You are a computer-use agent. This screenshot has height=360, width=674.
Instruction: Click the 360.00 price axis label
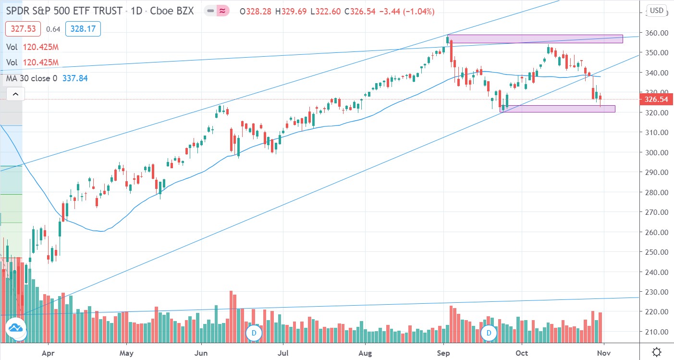(656, 33)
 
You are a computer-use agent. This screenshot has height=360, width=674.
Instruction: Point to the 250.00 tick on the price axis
(656, 252)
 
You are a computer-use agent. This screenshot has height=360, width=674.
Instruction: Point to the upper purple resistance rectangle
(536, 39)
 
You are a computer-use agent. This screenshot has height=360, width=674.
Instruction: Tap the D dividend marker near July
(253, 333)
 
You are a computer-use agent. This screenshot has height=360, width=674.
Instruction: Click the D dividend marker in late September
(489, 333)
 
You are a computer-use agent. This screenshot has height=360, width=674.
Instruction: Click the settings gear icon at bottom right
(656, 351)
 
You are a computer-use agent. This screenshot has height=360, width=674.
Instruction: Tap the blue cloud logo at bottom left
(15, 331)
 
